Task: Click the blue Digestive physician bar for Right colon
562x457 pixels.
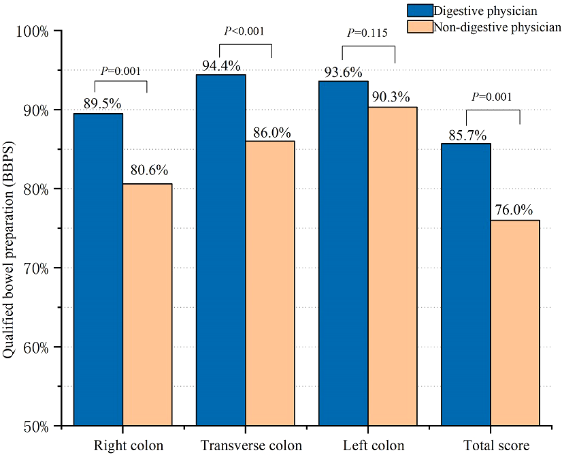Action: [98, 269]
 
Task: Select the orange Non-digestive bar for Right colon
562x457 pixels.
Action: [147, 304]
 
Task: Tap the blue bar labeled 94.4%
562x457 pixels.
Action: [220, 250]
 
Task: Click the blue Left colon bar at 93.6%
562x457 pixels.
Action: [343, 253]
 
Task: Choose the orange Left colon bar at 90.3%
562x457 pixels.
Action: [392, 266]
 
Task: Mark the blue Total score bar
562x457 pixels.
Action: [466, 284]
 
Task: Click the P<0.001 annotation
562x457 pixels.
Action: [244, 31]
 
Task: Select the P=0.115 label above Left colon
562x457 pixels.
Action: [367, 33]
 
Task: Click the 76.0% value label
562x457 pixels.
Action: [514, 210]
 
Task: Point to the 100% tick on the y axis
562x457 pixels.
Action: [33, 31]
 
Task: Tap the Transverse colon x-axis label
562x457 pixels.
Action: [251, 446]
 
